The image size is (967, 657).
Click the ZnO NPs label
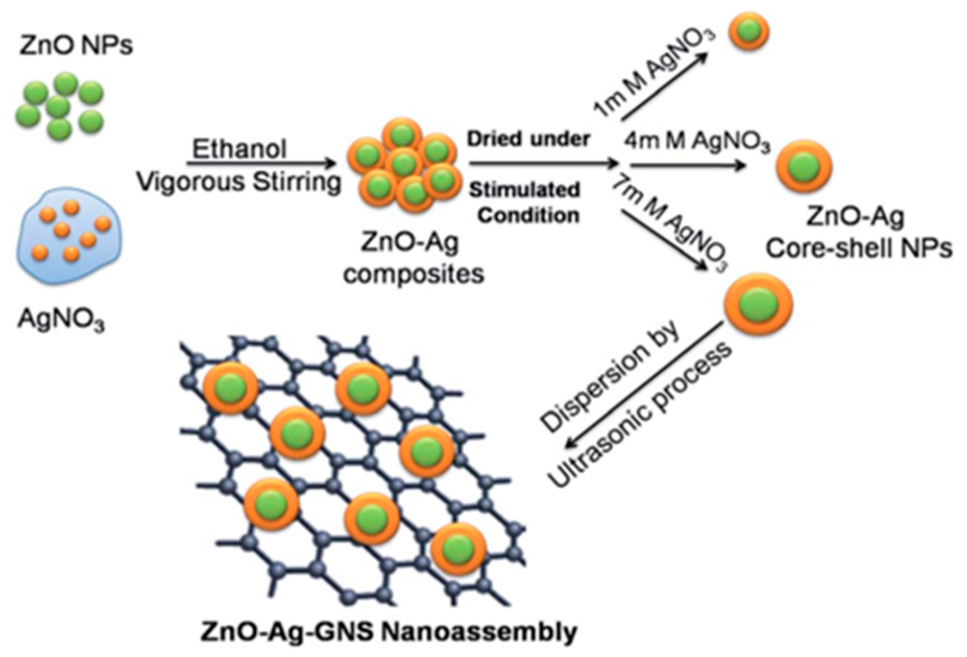click(75, 45)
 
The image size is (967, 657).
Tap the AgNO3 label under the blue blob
click(61, 320)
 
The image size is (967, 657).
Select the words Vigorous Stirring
click(239, 182)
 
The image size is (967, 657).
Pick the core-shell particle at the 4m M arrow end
click(803, 167)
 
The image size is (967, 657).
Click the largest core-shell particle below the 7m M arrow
click(758, 305)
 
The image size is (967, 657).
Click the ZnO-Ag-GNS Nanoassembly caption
click(389, 631)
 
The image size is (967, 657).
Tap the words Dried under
click(528, 138)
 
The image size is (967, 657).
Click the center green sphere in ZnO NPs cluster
click(59, 106)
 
